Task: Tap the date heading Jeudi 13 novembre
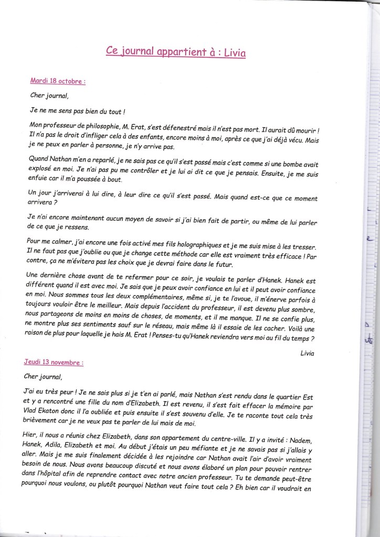(x=54, y=362)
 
